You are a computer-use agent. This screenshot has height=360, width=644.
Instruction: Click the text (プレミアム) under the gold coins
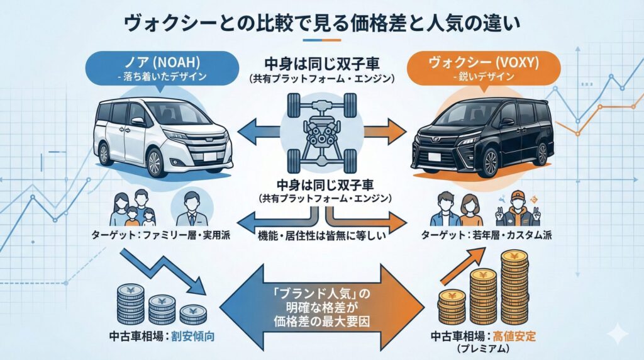point(482,349)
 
